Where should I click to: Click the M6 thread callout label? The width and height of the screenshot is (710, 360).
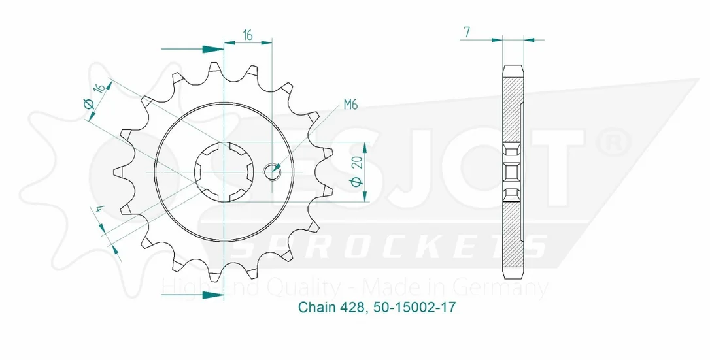pyautogui.click(x=350, y=105)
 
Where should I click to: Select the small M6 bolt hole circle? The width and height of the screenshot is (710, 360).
pyautogui.click(x=272, y=171)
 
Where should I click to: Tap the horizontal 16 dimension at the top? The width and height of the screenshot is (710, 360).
pyautogui.click(x=248, y=35)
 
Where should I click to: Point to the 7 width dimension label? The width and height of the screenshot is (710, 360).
pyautogui.click(x=466, y=32)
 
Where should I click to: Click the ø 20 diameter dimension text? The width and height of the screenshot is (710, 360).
pyautogui.click(x=357, y=171)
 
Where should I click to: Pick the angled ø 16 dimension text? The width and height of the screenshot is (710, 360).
pyautogui.click(x=97, y=95)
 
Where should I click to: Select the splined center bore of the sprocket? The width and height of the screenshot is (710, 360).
pyautogui.click(x=224, y=172)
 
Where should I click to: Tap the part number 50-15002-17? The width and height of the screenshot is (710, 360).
pyautogui.click(x=414, y=307)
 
